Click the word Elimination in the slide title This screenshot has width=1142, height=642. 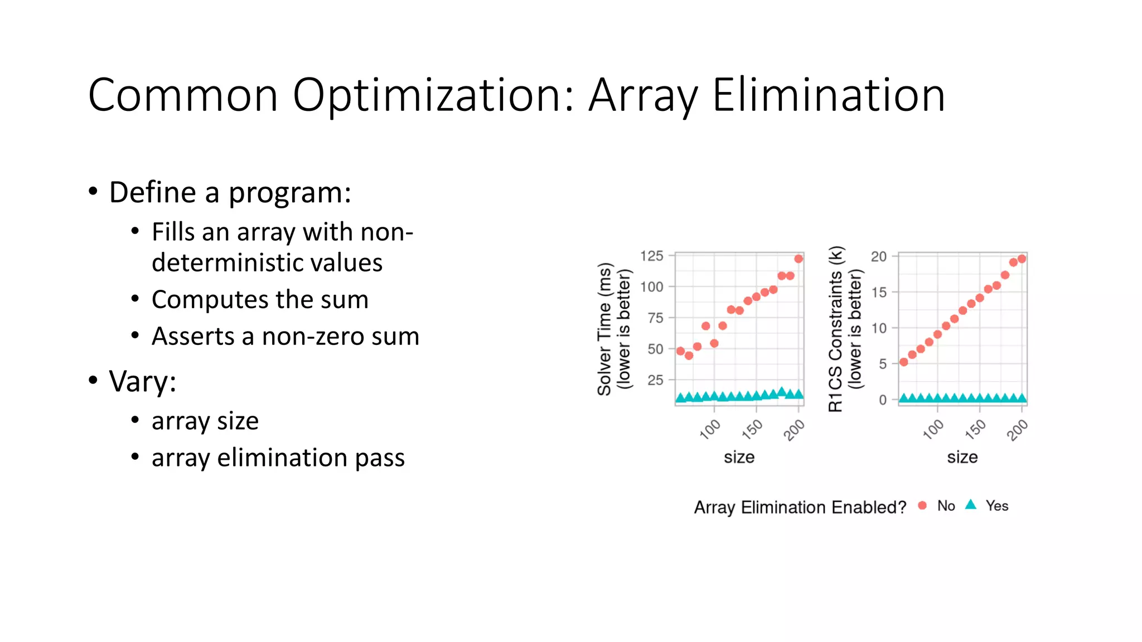pos(828,95)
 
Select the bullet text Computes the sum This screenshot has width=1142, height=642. pos(260,300)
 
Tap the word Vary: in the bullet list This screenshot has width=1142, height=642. pos(143,382)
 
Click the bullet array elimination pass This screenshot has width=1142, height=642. pos(278,458)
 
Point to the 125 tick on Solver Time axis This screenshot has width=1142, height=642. pos(651,256)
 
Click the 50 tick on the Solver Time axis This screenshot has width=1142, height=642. pos(655,349)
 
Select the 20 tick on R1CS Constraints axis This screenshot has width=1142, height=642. pos(878,256)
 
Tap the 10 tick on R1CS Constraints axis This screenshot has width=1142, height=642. pos(878,328)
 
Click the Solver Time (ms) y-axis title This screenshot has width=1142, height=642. pos(604,329)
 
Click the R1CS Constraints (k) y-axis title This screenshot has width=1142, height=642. pos(835,329)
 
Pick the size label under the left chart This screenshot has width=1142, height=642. pos(739,458)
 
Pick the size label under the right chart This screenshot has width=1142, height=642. pos(962,458)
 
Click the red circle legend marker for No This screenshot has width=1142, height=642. pos(922,505)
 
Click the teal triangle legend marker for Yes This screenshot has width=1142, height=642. pos(971,505)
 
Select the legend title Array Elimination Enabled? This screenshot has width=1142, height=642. pos(800,507)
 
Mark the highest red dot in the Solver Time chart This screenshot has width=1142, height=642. pos(799,259)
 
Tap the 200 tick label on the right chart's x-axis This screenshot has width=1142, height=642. pos(1017,430)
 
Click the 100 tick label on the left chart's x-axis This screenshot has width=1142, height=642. pos(710,430)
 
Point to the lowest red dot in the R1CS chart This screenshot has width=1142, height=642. pos(904,362)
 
